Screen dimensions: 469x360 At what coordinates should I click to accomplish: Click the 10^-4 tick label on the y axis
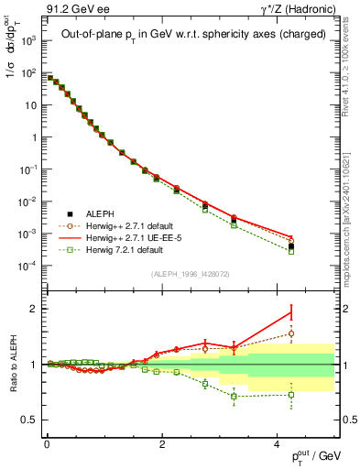[x=27, y=266]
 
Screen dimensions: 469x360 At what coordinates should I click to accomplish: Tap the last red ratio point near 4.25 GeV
[x=290, y=312]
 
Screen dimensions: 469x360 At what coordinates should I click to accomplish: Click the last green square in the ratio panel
[x=290, y=395]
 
